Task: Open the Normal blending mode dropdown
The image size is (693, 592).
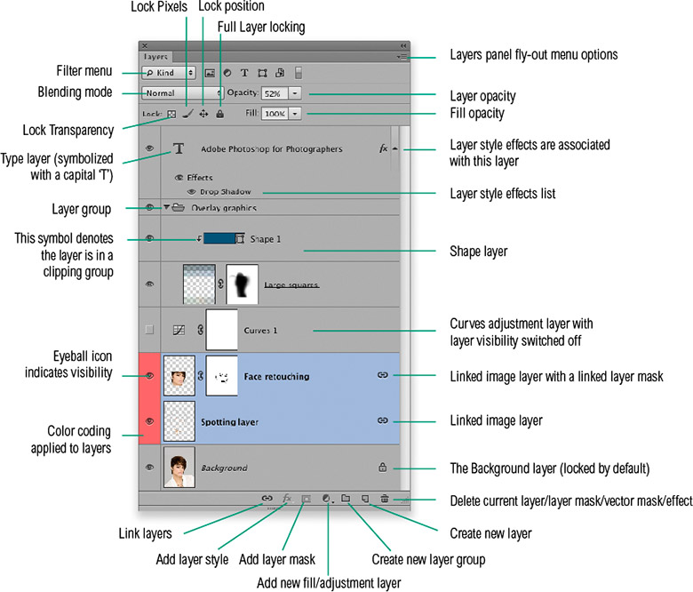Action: click(183, 92)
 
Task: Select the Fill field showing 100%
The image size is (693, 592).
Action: click(275, 114)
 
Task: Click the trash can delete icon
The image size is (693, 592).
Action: click(384, 500)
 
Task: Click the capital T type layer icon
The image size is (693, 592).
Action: click(178, 149)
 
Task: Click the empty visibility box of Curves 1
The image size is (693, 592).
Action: click(149, 330)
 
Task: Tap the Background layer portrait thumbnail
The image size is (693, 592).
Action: click(179, 467)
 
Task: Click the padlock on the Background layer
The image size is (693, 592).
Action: click(383, 467)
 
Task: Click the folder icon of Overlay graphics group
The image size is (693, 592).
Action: click(179, 208)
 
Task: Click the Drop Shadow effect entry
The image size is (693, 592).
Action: click(219, 191)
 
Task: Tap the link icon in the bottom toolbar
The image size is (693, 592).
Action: click(267, 500)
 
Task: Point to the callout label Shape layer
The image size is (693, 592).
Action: click(477, 252)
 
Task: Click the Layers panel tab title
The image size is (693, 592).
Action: click(155, 56)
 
